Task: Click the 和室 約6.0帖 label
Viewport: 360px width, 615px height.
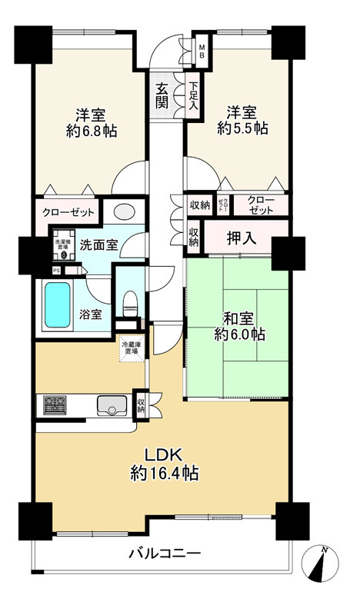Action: (238, 326)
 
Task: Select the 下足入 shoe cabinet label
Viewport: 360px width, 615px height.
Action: (194, 95)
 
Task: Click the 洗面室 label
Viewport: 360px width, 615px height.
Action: (98, 245)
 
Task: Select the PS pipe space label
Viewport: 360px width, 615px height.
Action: (55, 271)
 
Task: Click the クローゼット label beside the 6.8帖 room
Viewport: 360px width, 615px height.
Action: (68, 211)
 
